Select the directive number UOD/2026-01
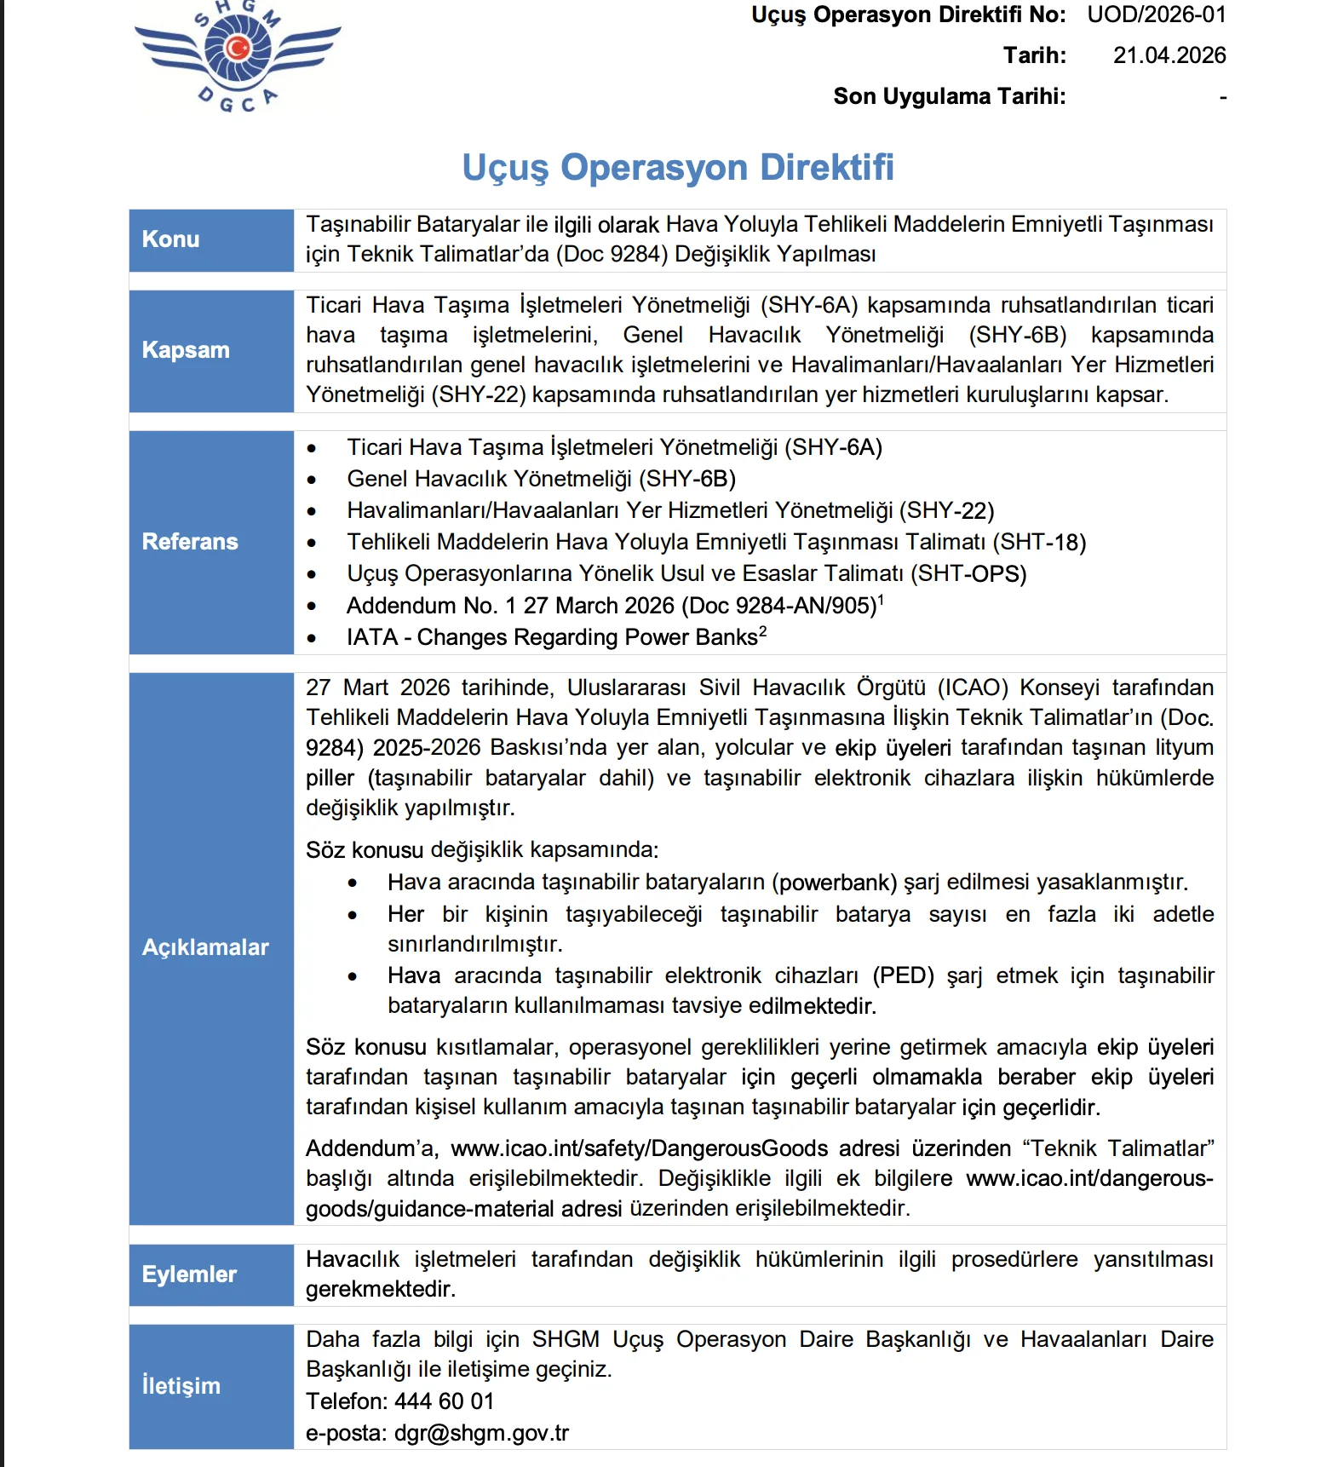tap(1156, 15)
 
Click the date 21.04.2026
tap(1169, 55)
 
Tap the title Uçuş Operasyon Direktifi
tap(678, 167)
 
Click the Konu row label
tap(170, 239)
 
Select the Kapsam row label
tap(186, 350)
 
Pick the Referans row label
tap(190, 542)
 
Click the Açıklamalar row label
tap(205, 947)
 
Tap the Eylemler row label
tap(189, 1274)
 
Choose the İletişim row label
tap(181, 1386)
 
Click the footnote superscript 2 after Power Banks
tap(763, 631)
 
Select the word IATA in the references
tap(371, 637)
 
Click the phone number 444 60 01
tap(444, 1401)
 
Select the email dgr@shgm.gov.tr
tap(481, 1433)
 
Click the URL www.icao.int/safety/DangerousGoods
tap(639, 1148)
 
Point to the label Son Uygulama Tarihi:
tap(949, 96)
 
